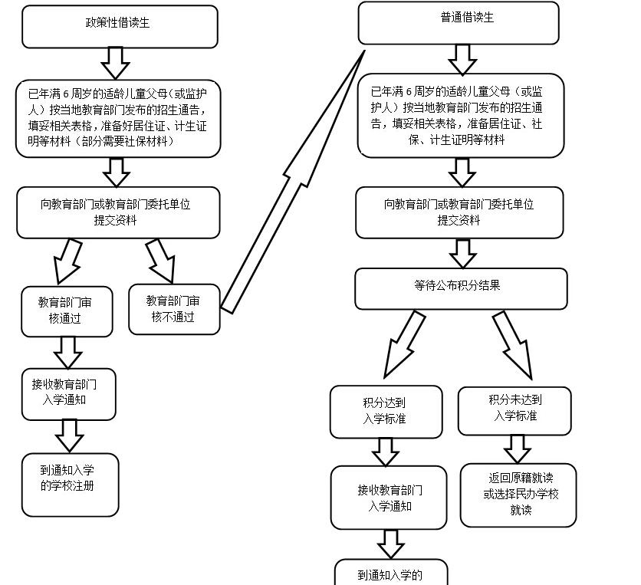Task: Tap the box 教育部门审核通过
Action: tap(67, 311)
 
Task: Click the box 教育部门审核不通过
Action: tap(174, 309)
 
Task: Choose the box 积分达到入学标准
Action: tap(386, 411)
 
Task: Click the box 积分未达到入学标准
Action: tap(514, 410)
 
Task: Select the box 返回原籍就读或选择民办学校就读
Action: tap(518, 495)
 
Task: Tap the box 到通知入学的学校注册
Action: tap(70, 485)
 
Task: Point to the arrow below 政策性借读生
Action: tap(116, 63)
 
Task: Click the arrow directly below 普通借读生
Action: tap(462, 58)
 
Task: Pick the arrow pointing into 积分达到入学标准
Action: tap(404, 343)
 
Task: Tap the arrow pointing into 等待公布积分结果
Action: tap(462, 253)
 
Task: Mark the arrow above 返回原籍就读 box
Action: tap(518, 449)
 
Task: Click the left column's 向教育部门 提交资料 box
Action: tap(118, 212)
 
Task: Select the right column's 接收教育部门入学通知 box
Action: tap(389, 498)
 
